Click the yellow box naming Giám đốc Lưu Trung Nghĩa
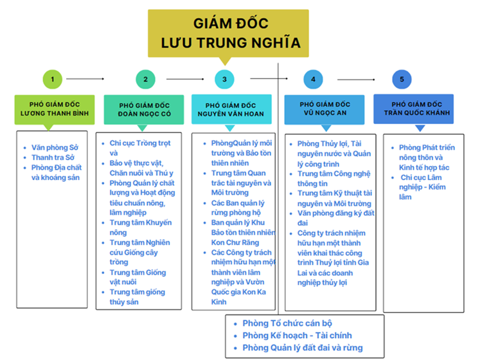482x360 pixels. coord(228,33)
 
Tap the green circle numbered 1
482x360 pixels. coord(53,79)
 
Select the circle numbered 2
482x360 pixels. coord(145,79)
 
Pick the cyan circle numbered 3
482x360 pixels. coord(224,79)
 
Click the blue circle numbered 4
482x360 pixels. coord(313,79)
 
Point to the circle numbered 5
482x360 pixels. coord(402,79)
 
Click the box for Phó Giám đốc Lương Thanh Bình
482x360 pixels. coord(55,110)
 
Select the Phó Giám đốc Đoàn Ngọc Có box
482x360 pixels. coord(144,110)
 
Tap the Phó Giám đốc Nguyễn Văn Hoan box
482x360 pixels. coord(231,109)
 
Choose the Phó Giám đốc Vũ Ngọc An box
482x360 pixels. coord(325,110)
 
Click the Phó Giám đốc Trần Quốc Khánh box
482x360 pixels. coord(413,109)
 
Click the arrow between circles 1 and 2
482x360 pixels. coord(85,79)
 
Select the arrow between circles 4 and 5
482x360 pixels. coord(356,80)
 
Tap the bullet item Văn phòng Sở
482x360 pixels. coord(55,148)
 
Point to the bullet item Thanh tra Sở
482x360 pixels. coord(53,157)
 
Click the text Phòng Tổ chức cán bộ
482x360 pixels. coord(287,323)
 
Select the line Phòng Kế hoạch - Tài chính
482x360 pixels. coord(297,336)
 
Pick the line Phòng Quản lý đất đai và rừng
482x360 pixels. coord(303,348)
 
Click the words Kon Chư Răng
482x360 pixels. coord(235,242)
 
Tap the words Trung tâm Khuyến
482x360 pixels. coord(141,222)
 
